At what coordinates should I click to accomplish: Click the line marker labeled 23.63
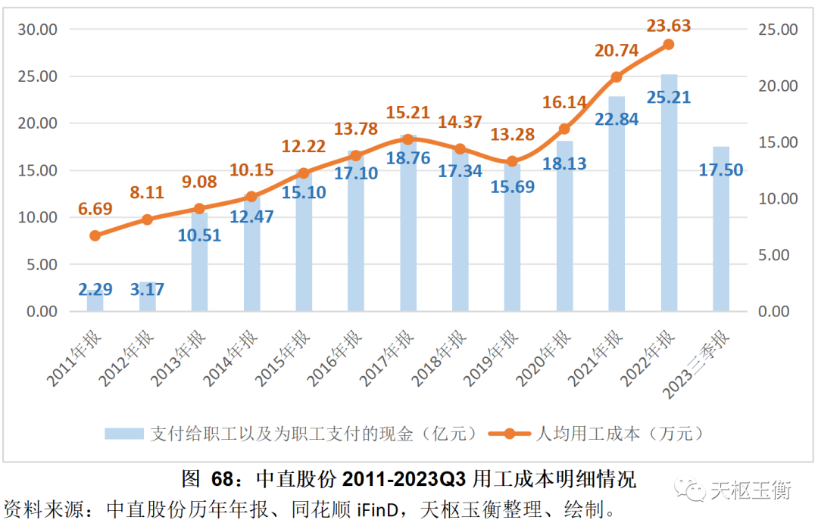coord(669,45)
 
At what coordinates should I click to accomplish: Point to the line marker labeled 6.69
coord(95,235)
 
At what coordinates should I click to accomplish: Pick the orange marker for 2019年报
coord(512,161)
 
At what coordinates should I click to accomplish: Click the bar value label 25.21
coord(669,98)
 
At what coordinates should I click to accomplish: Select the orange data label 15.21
coord(407,113)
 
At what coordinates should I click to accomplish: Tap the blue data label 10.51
coord(200,235)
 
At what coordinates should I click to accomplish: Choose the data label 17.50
coord(721,170)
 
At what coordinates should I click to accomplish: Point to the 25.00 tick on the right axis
coord(779,30)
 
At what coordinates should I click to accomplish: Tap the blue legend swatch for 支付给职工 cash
coord(124,434)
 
